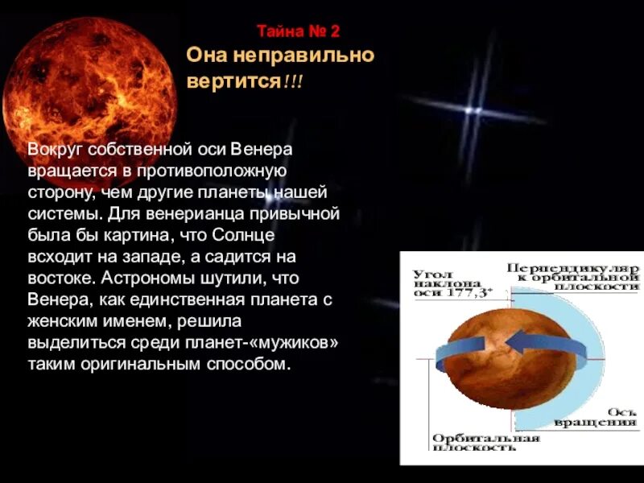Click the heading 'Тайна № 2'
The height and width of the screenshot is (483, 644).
pyautogui.click(x=299, y=32)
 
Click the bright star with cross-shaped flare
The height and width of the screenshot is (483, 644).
pyautogui.click(x=476, y=110)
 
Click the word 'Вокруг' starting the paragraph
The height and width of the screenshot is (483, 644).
pyautogui.click(x=55, y=150)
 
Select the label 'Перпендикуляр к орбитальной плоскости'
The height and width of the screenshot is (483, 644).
pyautogui.click(x=572, y=276)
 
